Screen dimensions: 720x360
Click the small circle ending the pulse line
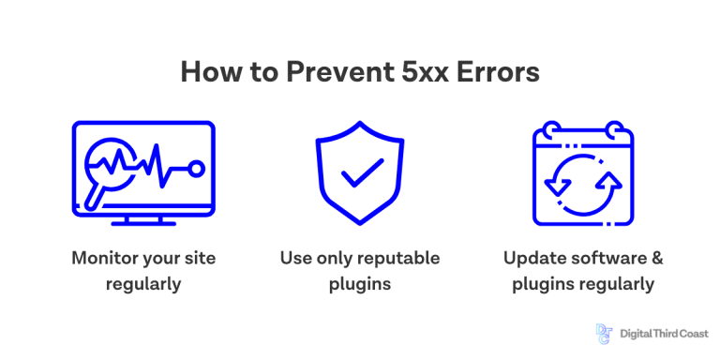point(196,168)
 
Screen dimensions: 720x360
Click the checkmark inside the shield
point(360,172)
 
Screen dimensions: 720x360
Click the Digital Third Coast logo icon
point(604,333)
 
